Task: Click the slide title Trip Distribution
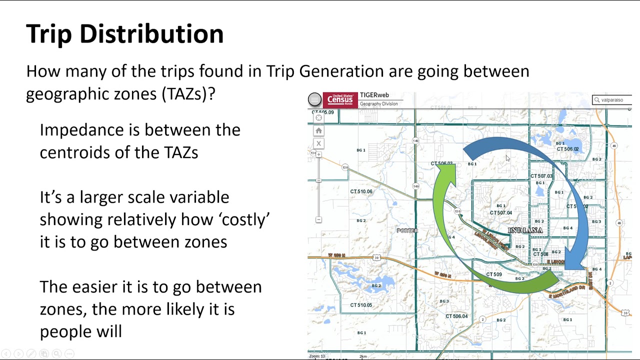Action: [x=124, y=34]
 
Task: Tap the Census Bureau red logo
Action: [x=340, y=100]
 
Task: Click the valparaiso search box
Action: [x=612, y=100]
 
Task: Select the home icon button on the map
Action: [x=318, y=131]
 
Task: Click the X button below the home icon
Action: [x=318, y=143]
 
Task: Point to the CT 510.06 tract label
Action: [x=361, y=191]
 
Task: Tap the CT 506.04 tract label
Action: [x=456, y=316]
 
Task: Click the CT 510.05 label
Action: [x=361, y=305]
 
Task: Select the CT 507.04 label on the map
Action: [x=500, y=213]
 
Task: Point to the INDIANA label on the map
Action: [x=525, y=230]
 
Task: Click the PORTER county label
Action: [x=407, y=230]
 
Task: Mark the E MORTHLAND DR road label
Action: [x=566, y=292]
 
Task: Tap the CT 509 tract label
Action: [x=493, y=274]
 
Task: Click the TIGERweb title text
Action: [x=374, y=95]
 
